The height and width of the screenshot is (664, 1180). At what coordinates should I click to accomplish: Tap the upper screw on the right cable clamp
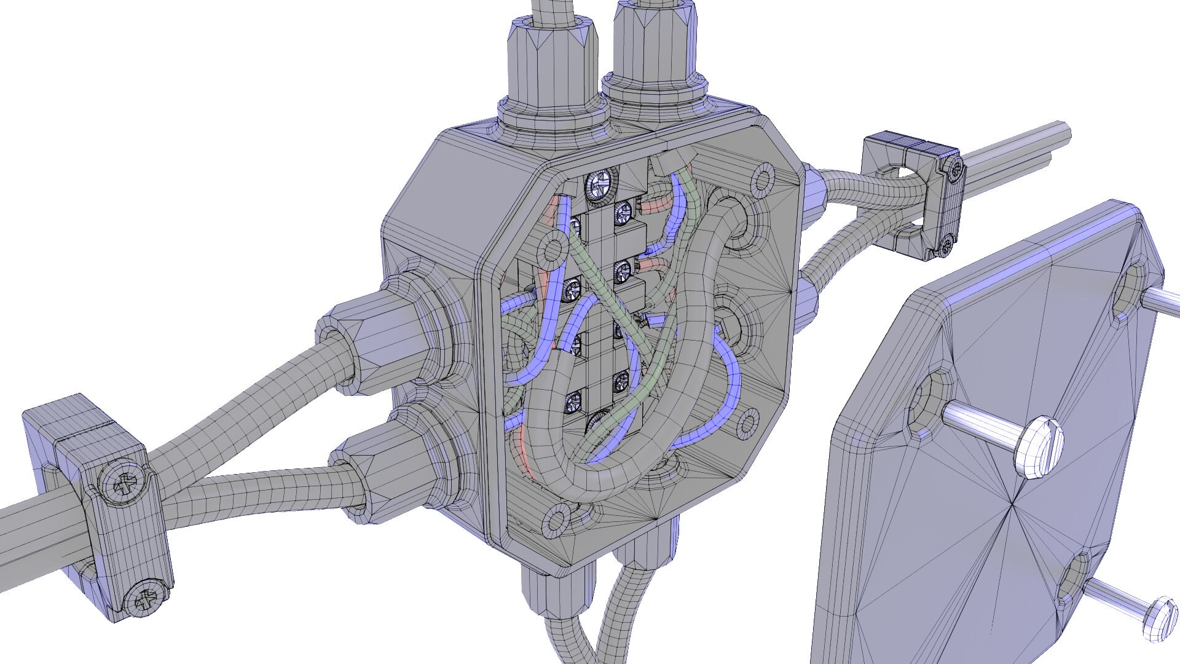(954, 170)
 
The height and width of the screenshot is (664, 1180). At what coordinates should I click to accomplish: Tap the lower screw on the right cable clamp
(945, 247)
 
